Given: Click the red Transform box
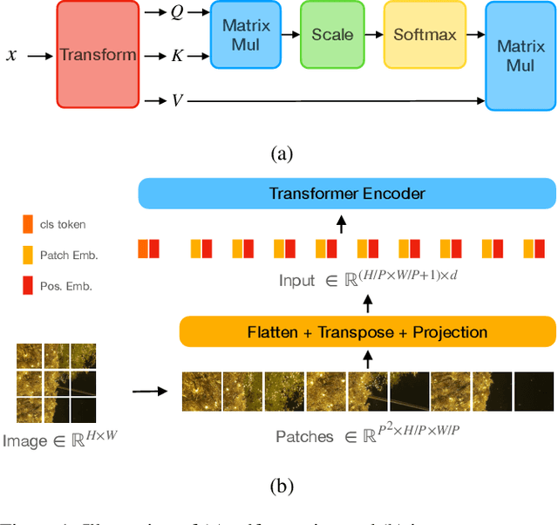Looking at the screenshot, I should coord(98,55).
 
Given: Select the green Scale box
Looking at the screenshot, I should coord(332,35).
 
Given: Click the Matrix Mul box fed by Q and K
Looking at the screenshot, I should coord(245,35).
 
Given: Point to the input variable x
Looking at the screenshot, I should coord(11,55).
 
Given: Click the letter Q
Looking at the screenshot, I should coord(177,13).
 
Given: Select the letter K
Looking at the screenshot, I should coord(177,56).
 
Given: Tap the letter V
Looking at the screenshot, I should coord(177,100).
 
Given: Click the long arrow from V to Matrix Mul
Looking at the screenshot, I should coord(336,100).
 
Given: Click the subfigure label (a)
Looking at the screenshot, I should coord(282,154).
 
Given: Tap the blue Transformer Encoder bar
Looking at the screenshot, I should coord(347,194).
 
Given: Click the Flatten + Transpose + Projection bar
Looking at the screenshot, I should coord(367,332).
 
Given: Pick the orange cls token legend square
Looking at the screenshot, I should coord(28,224).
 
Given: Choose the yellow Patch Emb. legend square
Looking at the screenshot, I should coord(28,255).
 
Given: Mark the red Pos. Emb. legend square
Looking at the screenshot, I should coord(28,285).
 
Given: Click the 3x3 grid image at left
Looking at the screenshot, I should coord(56,383).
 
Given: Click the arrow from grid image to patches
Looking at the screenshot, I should coord(151,390).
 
